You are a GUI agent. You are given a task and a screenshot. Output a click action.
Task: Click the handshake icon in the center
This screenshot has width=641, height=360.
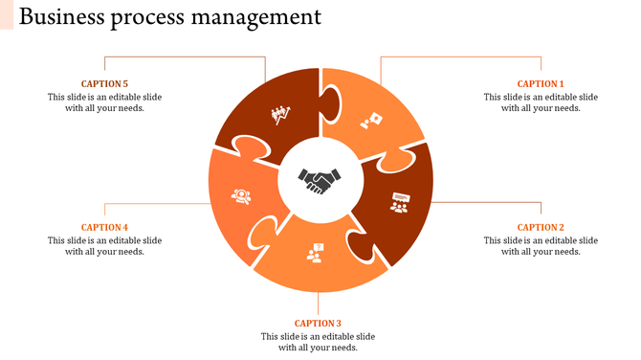pyautogui.click(x=320, y=179)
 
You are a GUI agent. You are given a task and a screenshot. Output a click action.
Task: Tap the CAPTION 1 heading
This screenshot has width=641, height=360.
pyautogui.click(x=541, y=84)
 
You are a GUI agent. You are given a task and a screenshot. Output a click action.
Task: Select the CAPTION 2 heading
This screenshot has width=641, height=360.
pyautogui.click(x=541, y=228)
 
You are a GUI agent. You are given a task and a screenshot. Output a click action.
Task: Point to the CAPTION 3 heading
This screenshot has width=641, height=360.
pyautogui.click(x=318, y=324)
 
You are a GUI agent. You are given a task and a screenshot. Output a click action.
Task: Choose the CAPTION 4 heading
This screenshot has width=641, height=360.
pyautogui.click(x=104, y=228)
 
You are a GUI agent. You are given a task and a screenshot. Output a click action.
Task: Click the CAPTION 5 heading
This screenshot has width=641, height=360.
pyautogui.click(x=104, y=84)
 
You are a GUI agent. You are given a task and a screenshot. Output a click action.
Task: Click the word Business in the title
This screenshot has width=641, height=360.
pyautogui.click(x=60, y=17)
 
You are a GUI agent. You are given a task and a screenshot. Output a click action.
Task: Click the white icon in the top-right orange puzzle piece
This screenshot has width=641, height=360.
pyautogui.click(x=371, y=121)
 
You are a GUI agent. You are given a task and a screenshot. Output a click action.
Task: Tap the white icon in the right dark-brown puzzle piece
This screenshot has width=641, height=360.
pyautogui.click(x=399, y=202)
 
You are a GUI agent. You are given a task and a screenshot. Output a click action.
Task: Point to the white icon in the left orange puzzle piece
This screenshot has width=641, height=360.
pyautogui.click(x=241, y=196)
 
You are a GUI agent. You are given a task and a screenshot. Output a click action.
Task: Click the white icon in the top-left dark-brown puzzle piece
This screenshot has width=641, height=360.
pyautogui.click(x=280, y=116)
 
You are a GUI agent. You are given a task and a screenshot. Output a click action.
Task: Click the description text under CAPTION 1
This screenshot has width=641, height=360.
pyautogui.click(x=541, y=102)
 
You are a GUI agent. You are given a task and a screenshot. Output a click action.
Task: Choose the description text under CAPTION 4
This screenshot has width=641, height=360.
pyautogui.click(x=104, y=246)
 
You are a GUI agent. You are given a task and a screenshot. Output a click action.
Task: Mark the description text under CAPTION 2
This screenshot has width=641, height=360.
pyautogui.click(x=541, y=246)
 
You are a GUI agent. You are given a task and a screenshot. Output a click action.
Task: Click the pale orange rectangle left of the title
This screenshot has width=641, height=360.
pyautogui.click(x=7, y=15)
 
